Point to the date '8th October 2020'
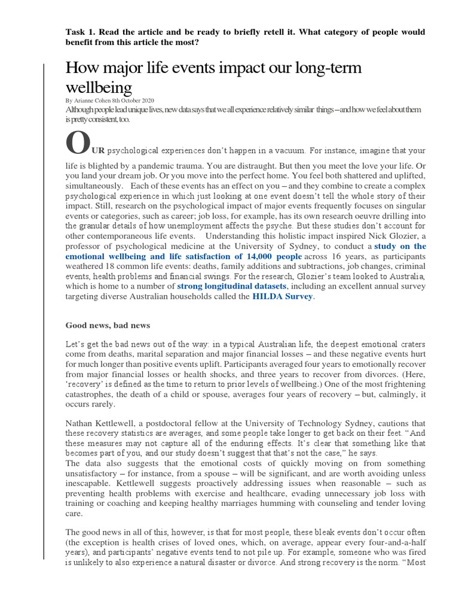point(142,101)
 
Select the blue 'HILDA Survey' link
point(283,296)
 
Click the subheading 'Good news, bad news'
point(108,325)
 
